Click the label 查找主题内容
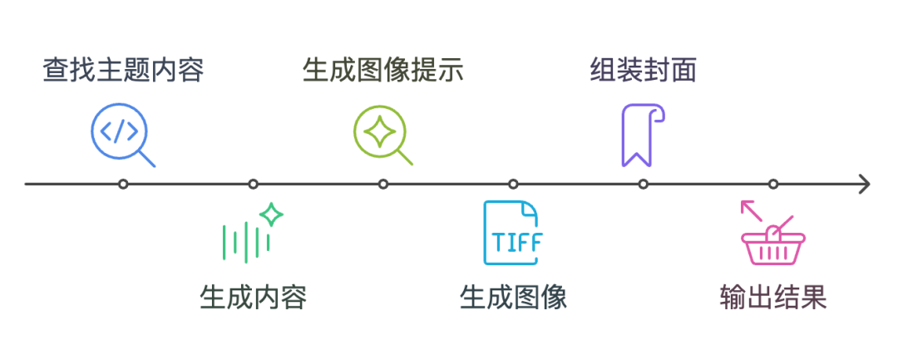click(x=123, y=70)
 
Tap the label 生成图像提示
click(x=382, y=70)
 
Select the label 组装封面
click(x=643, y=70)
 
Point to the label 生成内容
click(x=253, y=297)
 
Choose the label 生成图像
click(x=513, y=297)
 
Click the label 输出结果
click(x=773, y=297)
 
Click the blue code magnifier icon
click(x=122, y=135)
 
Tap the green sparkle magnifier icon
click(x=382, y=135)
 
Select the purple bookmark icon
click(x=642, y=135)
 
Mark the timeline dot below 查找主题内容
click(x=123, y=184)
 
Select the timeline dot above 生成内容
click(x=253, y=184)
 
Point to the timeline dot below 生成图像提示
click(x=383, y=184)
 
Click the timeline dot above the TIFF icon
click(x=513, y=184)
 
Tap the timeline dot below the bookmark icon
click(x=643, y=184)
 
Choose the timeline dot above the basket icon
click(x=773, y=184)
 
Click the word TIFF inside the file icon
click(x=516, y=242)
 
